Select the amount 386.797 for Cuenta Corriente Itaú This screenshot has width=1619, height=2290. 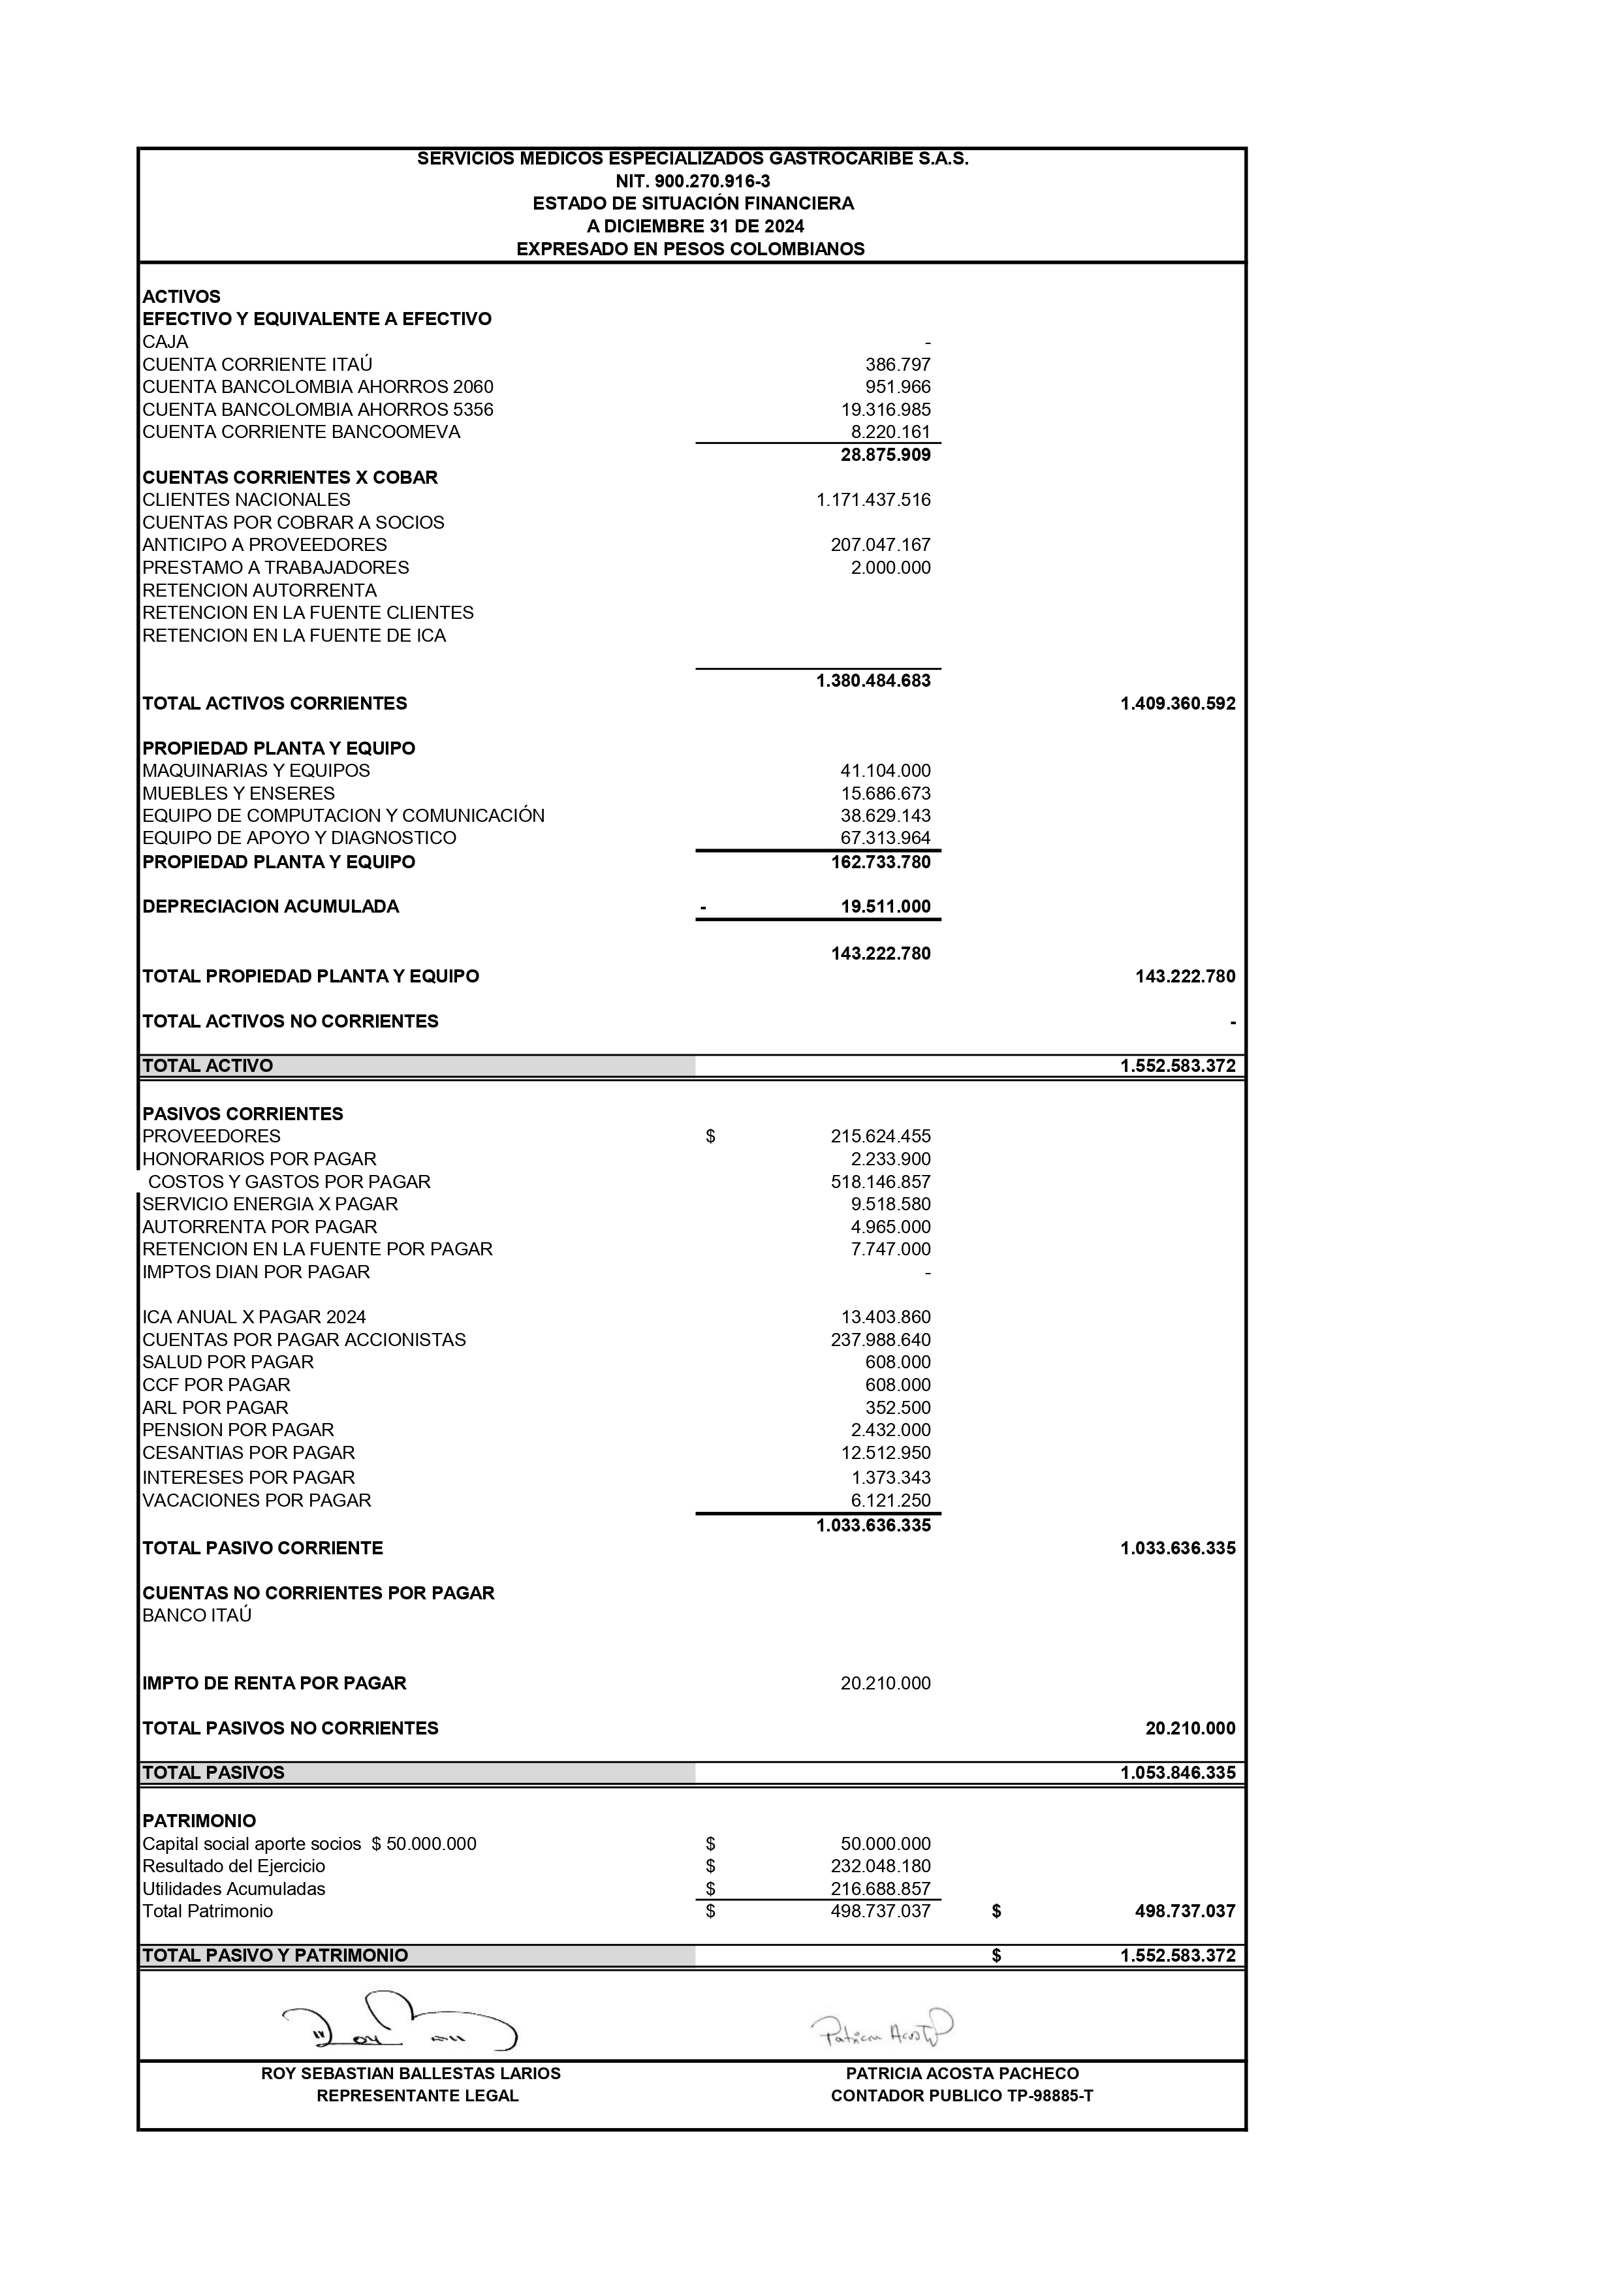(x=897, y=365)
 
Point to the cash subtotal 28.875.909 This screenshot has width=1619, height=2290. (x=885, y=456)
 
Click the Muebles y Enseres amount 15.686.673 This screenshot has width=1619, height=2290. (x=885, y=794)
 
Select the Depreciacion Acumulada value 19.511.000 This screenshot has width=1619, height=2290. (x=885, y=907)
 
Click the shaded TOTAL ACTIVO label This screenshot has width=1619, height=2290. (x=208, y=1066)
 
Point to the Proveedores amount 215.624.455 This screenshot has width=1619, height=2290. (x=880, y=1136)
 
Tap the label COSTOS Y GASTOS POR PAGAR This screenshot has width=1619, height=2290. (x=289, y=1182)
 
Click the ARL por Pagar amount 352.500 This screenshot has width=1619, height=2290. (x=897, y=1408)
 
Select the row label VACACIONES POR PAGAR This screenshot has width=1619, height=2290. (x=257, y=1501)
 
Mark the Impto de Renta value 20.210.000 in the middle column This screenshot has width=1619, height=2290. (x=885, y=1684)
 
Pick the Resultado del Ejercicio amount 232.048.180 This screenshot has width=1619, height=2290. (x=880, y=1867)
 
